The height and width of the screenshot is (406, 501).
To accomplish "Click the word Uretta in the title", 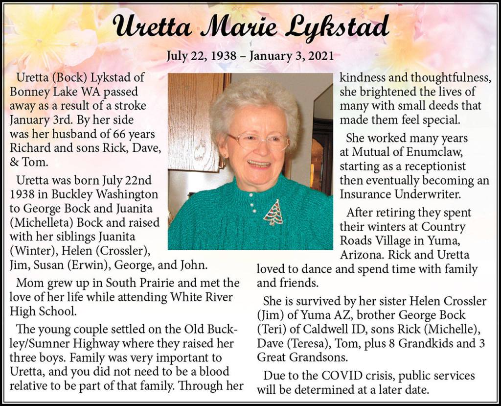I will pyautogui.click(x=154, y=27).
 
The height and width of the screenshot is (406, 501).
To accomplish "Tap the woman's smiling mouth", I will pyautogui.click(x=259, y=164).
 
